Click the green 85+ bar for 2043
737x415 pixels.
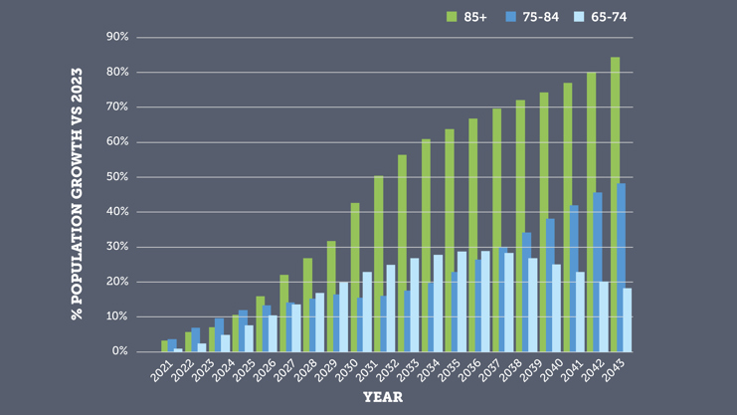615,204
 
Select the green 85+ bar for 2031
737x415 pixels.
379,264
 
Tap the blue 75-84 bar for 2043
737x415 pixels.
622,267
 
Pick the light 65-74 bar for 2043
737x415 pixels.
628,319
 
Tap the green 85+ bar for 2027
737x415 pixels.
284,312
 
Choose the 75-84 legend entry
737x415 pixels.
532,16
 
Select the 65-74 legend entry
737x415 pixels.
601,16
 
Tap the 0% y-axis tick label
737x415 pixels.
120,351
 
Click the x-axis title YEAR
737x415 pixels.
383,397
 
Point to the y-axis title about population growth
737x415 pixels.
77,194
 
